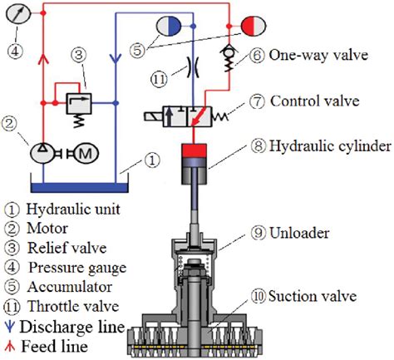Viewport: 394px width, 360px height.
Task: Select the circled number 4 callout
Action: point(14,49)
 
